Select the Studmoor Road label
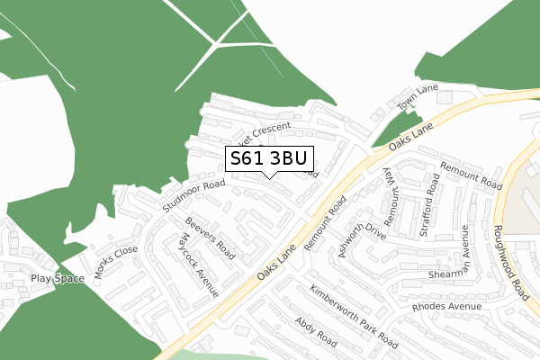pos(193,196)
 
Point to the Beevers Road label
pos(210,238)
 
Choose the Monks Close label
pos(117,262)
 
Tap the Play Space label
pos(57,279)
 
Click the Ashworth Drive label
pos(362,239)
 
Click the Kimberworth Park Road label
pos(353,317)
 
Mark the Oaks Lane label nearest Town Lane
pos(411,136)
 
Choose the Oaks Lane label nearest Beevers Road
pos(276,263)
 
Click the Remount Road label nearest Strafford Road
pos(471,175)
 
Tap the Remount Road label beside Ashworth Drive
pos(325,222)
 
